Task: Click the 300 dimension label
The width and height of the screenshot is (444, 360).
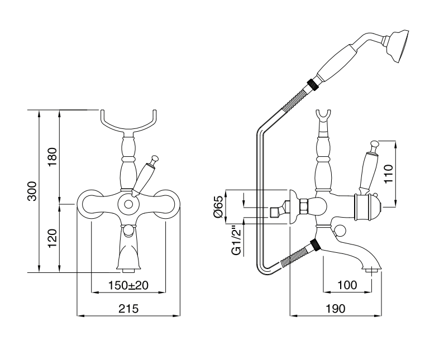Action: click(32, 191)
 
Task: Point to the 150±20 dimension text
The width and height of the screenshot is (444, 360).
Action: click(128, 285)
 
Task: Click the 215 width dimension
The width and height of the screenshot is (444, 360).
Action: click(128, 309)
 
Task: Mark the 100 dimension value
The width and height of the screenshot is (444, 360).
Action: click(347, 285)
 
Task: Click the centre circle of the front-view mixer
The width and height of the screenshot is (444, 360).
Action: click(128, 204)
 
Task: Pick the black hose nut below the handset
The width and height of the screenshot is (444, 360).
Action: click(313, 85)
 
